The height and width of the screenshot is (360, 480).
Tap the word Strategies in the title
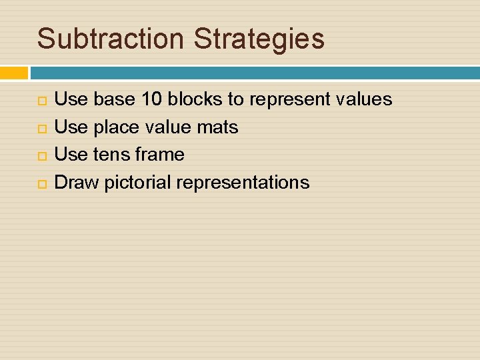(x=259, y=39)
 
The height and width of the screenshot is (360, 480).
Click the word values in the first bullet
(x=364, y=100)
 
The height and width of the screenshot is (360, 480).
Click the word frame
(x=159, y=155)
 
